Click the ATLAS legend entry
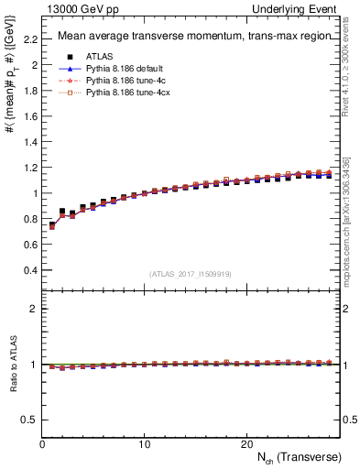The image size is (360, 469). coord(99,57)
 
